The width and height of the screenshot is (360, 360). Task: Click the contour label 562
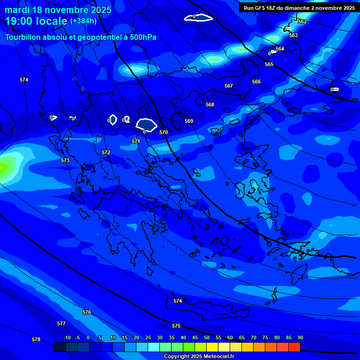pyautogui.click(x=302, y=22)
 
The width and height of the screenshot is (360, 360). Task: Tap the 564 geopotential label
pyautogui.click(x=280, y=49)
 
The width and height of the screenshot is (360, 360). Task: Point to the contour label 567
pyautogui.click(x=229, y=86)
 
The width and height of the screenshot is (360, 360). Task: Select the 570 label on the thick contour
pyautogui.click(x=164, y=132)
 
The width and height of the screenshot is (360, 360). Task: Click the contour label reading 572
pyautogui.click(x=106, y=152)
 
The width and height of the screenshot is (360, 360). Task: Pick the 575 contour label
pyautogui.click(x=176, y=326)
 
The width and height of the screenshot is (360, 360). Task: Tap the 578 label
pyautogui.click(x=36, y=339)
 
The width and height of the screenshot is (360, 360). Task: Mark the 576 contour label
pyautogui.click(x=87, y=312)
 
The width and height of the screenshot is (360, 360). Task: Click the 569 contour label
pyautogui.click(x=189, y=121)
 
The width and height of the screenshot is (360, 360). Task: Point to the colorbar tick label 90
pyautogui.click(x=300, y=337)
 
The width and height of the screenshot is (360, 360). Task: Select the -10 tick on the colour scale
pyautogui.click(x=67, y=337)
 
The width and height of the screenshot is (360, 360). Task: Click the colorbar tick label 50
pyautogui.click(x=207, y=337)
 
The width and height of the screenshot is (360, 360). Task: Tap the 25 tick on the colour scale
pyautogui.click(x=148, y=337)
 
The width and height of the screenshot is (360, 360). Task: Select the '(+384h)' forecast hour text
pyautogui.click(x=83, y=21)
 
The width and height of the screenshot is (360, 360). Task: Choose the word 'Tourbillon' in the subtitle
pyautogui.click(x=24, y=37)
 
